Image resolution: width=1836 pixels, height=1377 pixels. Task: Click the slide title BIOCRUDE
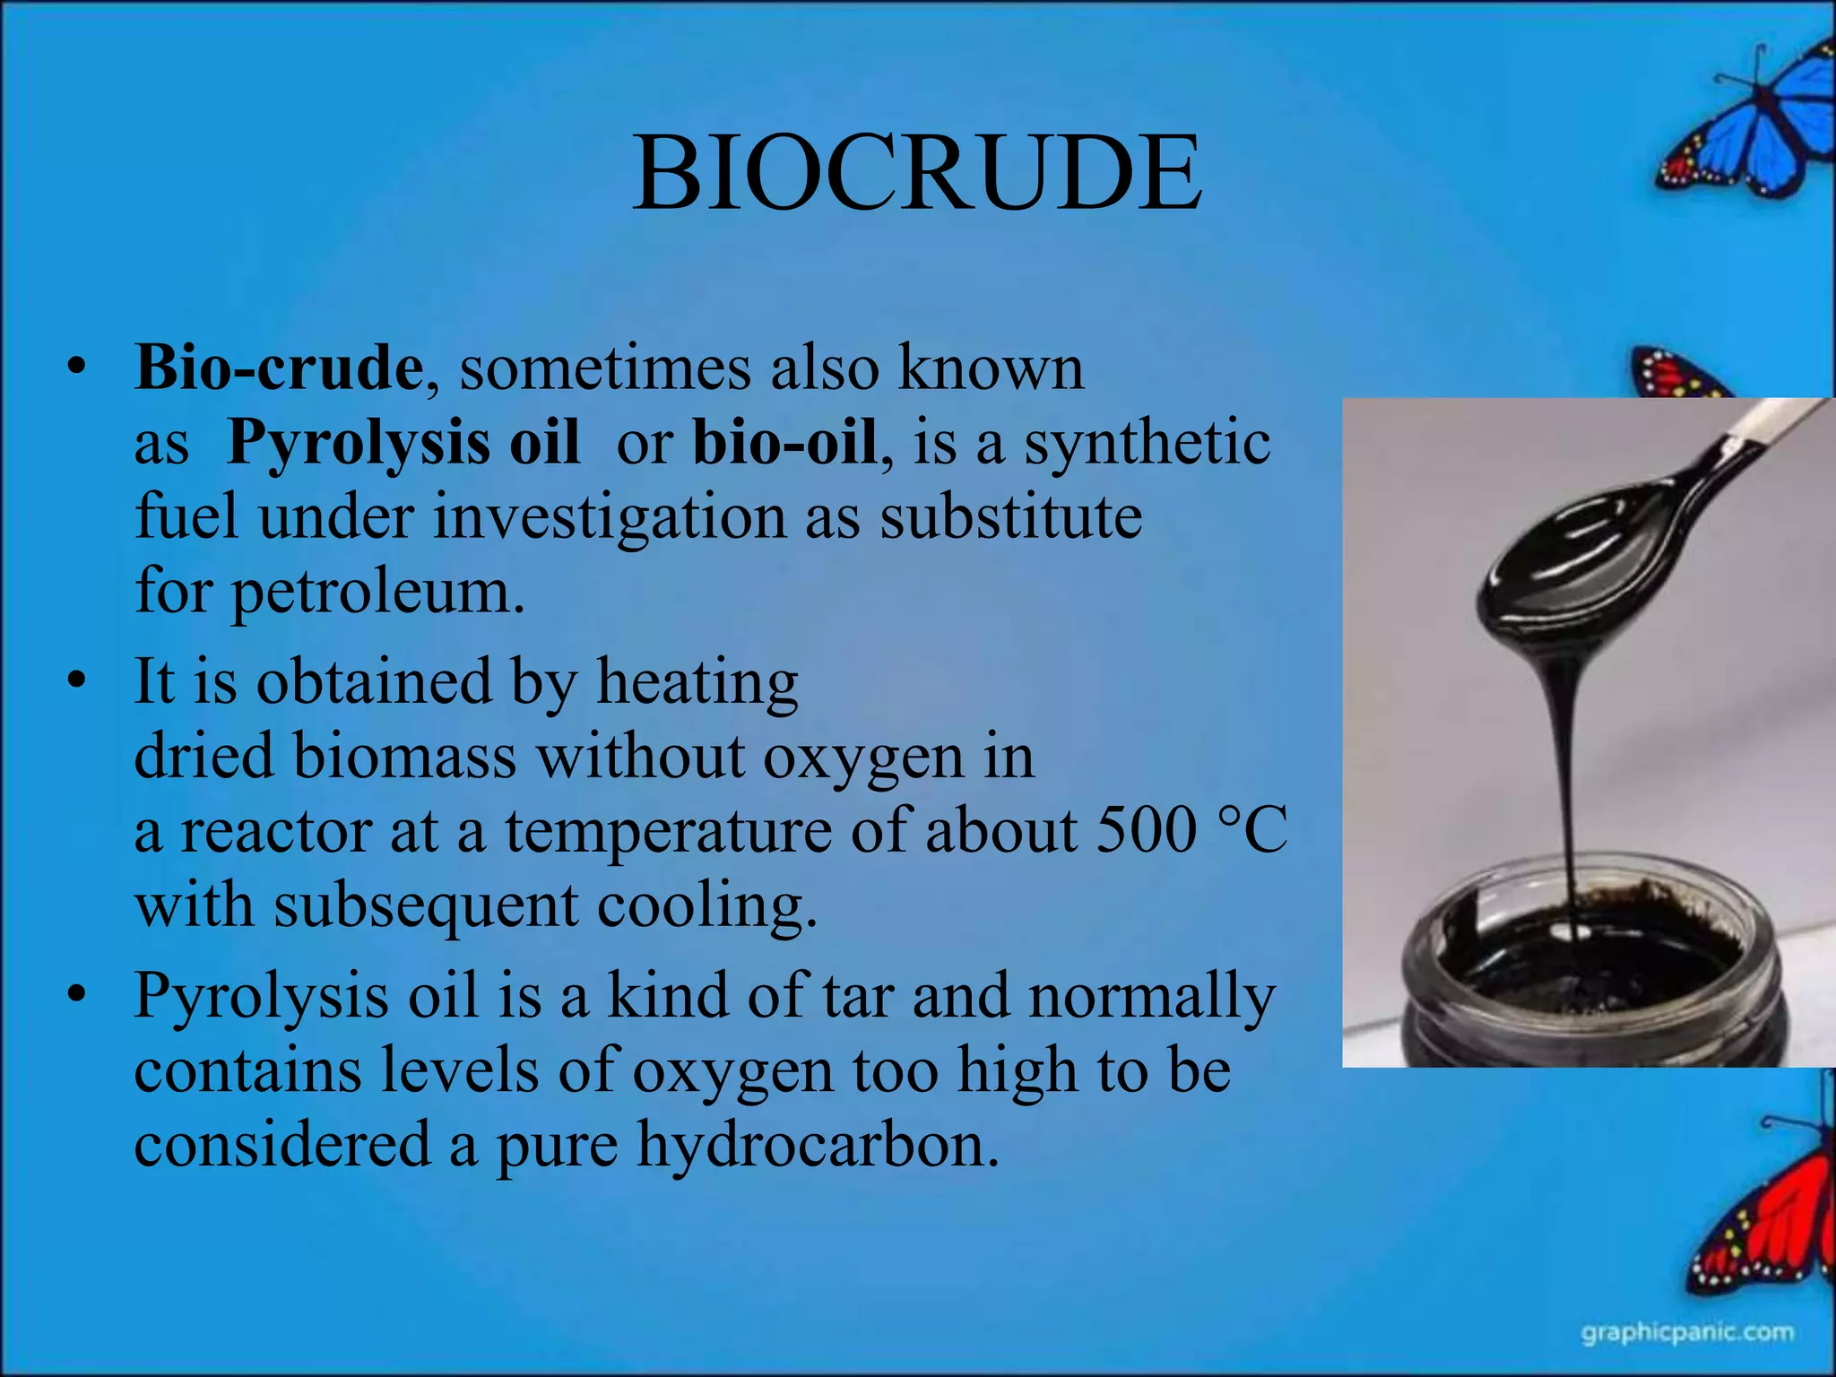click(x=916, y=173)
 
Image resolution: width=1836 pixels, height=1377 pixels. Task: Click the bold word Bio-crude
click(x=278, y=368)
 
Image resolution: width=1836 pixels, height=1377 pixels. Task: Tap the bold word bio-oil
click(x=784, y=443)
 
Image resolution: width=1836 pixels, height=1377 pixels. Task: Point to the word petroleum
click(x=377, y=593)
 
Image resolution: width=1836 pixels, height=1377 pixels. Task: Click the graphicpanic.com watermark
click(x=1687, y=1333)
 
